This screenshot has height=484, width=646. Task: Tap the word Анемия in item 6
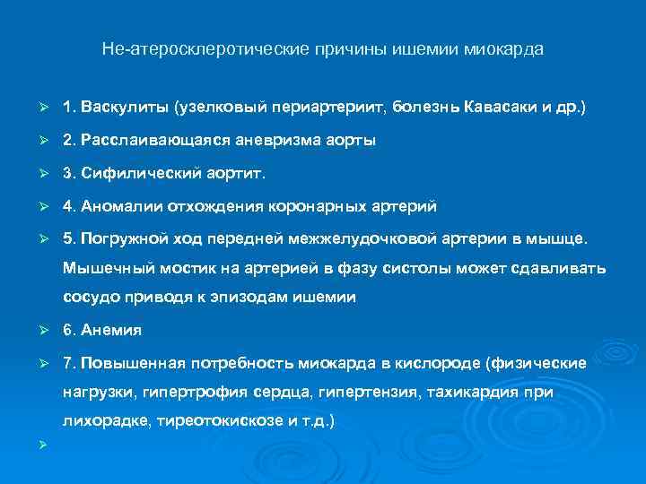(x=111, y=331)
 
